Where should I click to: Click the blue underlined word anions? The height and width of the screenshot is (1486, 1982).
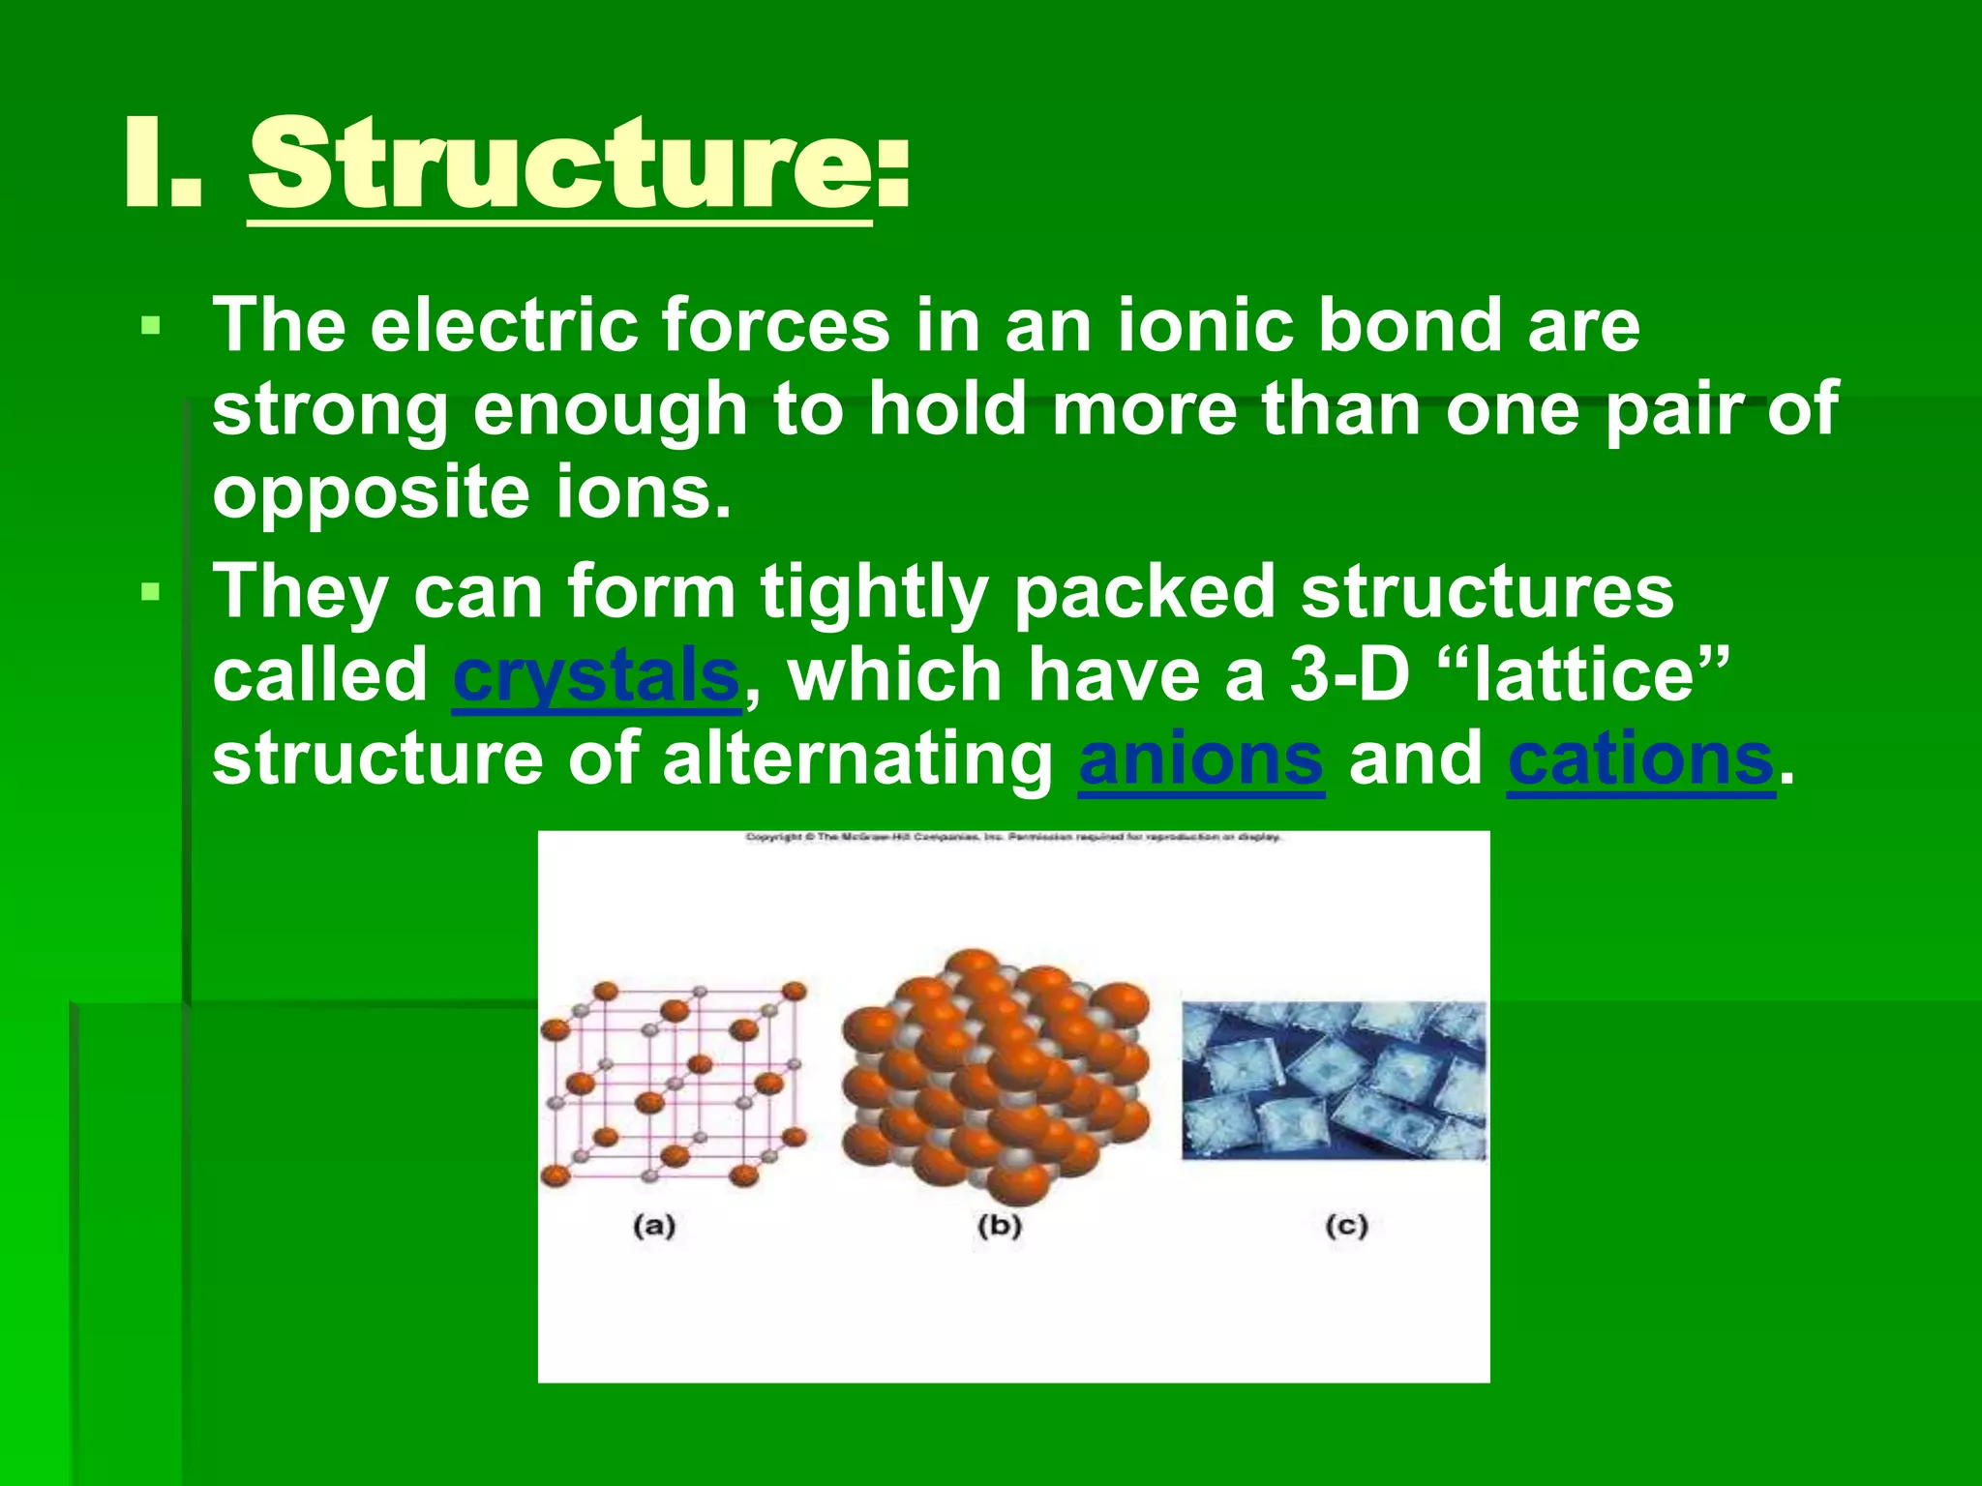point(1201,759)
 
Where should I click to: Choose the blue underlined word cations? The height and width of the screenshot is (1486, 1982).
point(1640,759)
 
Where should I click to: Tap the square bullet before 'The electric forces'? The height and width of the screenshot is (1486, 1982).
point(150,325)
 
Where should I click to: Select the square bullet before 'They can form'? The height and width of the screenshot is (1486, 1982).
point(150,591)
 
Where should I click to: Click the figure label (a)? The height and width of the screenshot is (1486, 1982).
point(654,1226)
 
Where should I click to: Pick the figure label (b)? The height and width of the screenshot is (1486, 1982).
point(1000,1226)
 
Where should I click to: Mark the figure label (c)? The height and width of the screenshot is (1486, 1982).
point(1346,1226)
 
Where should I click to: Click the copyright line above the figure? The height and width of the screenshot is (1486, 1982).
point(1013,837)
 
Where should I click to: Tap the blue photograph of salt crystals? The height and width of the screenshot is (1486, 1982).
point(1334,1080)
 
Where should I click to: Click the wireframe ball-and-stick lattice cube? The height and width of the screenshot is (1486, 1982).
point(674,1084)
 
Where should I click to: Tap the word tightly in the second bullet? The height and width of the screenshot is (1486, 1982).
point(873,591)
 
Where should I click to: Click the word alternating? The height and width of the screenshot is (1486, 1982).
point(857,759)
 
